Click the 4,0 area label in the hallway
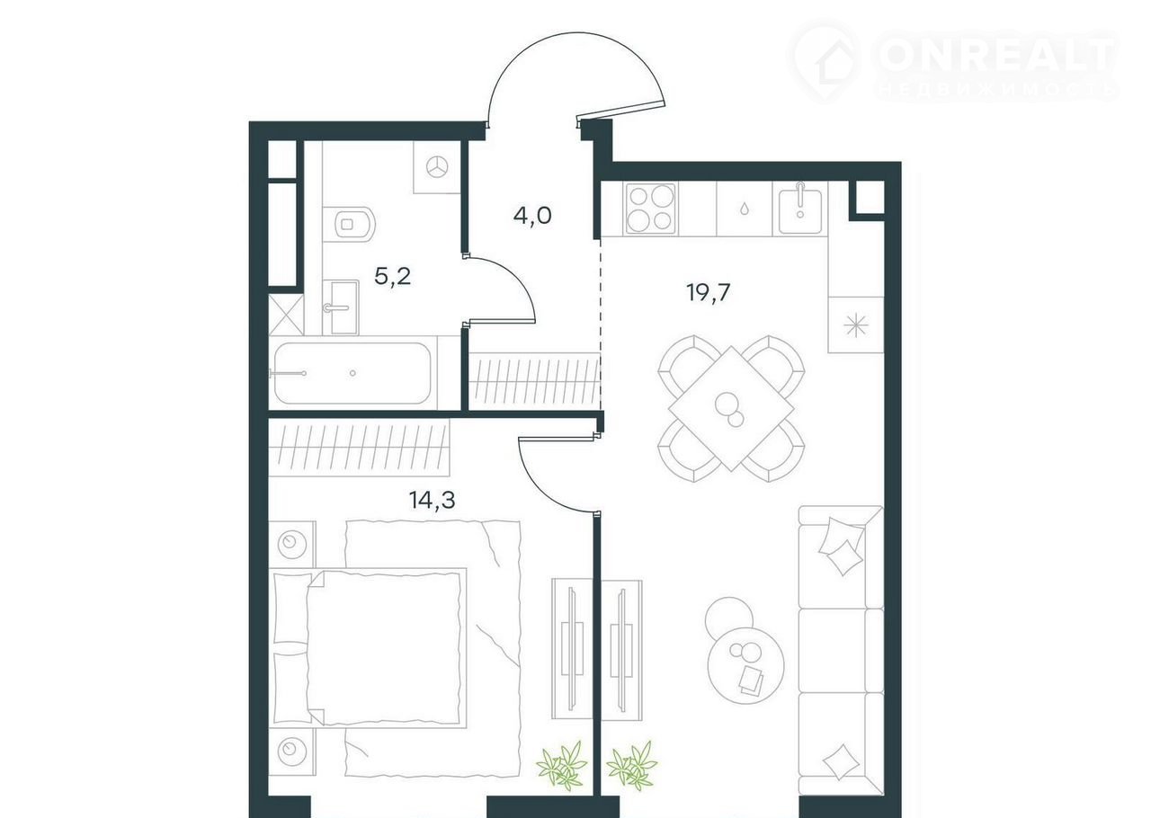532,216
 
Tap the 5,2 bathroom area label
393,277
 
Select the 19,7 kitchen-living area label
708,292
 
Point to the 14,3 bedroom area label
433,500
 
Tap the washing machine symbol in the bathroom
437,167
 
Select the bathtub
352,373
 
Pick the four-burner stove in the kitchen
650,209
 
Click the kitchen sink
799,209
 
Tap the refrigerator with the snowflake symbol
855,325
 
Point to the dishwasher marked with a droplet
745,209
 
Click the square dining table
731,408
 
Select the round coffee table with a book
745,666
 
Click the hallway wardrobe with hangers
534,381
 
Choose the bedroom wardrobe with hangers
359,448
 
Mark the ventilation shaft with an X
286,314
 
